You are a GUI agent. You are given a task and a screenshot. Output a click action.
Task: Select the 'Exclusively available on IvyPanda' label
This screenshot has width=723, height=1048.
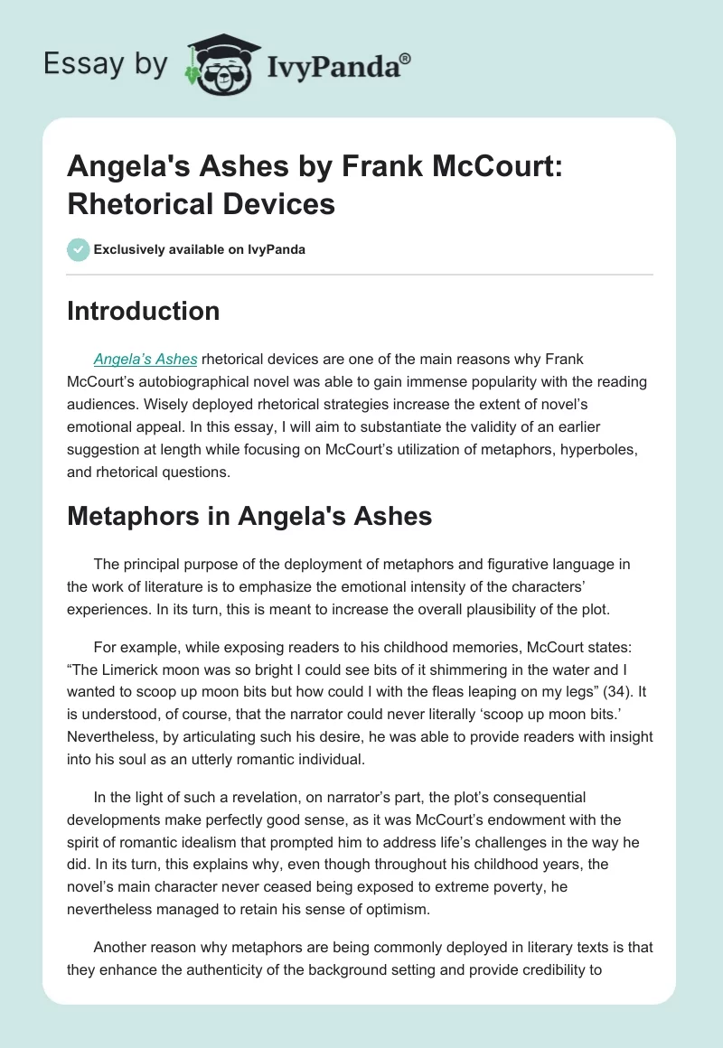pyautogui.click(x=199, y=249)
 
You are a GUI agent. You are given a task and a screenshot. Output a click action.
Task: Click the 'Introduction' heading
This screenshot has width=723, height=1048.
pyautogui.click(x=144, y=311)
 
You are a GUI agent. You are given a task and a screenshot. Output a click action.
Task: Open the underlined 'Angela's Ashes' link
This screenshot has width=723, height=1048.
pyautogui.click(x=146, y=360)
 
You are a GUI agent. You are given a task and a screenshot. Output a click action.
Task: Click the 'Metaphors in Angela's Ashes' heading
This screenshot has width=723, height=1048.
pyautogui.click(x=249, y=515)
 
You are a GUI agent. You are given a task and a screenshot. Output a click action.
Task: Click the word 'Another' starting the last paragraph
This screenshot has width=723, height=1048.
pyautogui.click(x=124, y=941)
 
